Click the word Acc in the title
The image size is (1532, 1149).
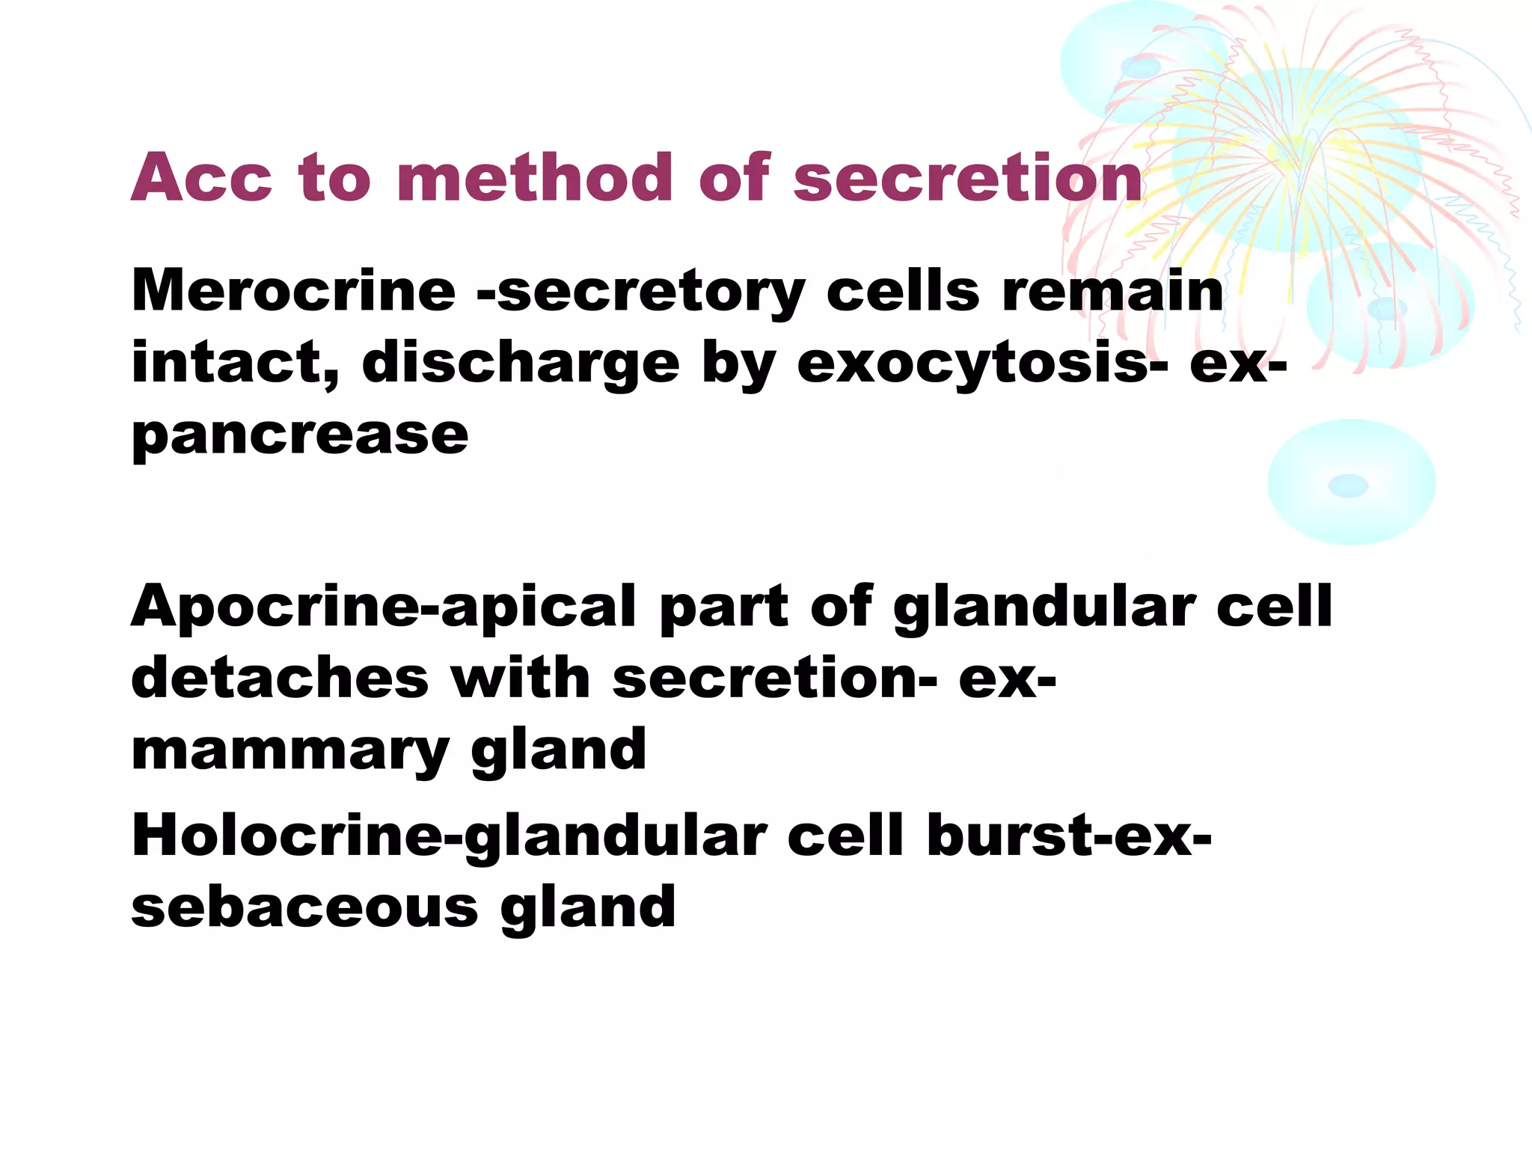202,178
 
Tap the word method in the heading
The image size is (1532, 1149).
534,178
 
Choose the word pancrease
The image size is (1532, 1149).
300,435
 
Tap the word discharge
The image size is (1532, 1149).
521,364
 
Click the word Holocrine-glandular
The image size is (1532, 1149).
449,836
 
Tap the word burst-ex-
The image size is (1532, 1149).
1069,835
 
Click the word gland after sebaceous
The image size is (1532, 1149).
588,907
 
